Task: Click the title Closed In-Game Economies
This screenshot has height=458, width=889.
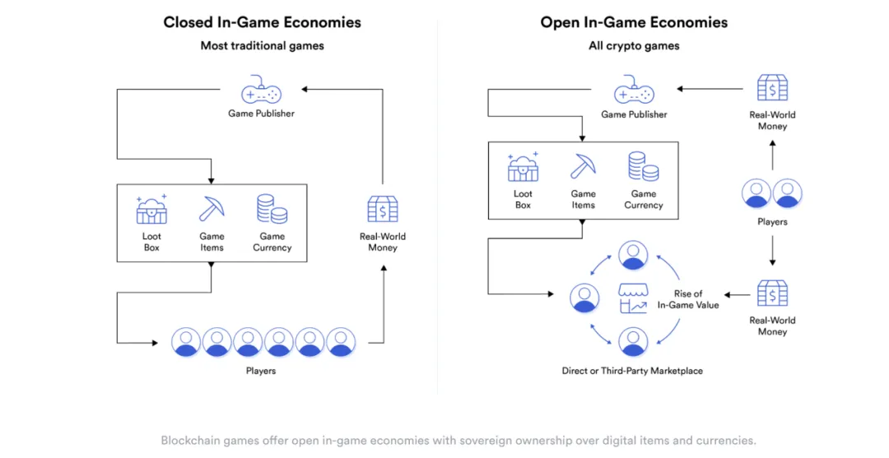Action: pos(262,22)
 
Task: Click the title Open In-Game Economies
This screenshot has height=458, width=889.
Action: pos(634,22)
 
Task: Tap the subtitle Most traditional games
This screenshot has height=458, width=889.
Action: pos(262,46)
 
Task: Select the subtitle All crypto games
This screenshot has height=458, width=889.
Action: pos(634,46)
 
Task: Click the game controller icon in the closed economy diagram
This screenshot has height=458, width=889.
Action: pos(261,90)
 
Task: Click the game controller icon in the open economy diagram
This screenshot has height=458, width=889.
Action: pos(634,90)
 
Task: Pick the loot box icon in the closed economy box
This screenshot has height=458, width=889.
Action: pos(151,210)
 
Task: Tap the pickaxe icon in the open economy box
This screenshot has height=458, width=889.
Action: pos(583,166)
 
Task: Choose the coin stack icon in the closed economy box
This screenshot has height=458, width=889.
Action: pos(272,209)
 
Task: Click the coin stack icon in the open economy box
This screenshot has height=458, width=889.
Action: pos(644,166)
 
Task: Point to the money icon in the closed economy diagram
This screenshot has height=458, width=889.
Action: pos(383,210)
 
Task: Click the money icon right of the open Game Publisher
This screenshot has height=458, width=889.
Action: pos(772,88)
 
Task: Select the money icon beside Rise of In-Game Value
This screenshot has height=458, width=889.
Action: pos(772,294)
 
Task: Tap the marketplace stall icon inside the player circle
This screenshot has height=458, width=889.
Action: pos(633,298)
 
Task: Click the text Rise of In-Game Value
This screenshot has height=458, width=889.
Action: pos(688,299)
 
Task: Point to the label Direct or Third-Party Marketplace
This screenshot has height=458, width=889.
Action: pos(632,371)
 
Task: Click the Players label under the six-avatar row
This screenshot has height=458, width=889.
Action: pos(261,371)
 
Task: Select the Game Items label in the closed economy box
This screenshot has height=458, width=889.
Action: pos(212,242)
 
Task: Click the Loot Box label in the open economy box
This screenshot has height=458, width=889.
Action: pos(523,199)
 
